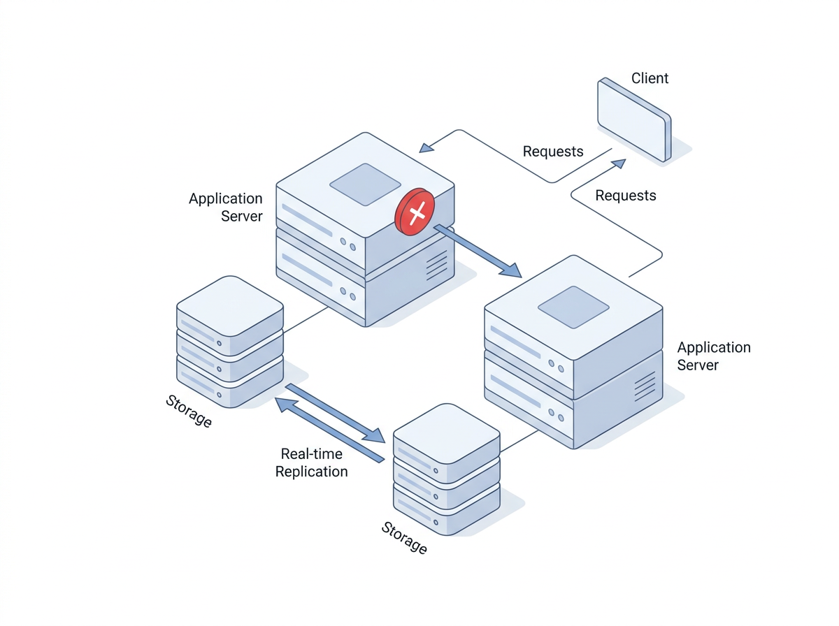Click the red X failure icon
pyautogui.click(x=415, y=211)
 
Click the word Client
pyautogui.click(x=650, y=78)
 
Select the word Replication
pyautogui.click(x=311, y=472)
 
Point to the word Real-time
pyautogui.click(x=311, y=454)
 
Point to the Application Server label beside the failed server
pyautogui.click(x=225, y=208)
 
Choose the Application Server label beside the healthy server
pyautogui.click(x=713, y=356)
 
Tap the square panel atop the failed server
pyautogui.click(x=365, y=184)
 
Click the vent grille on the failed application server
pyautogui.click(x=436, y=265)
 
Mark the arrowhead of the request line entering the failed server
pyautogui.click(x=425, y=147)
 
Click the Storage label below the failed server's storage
pyautogui.click(x=189, y=411)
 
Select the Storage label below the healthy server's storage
pyautogui.click(x=404, y=537)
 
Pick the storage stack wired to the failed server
pyautogui.click(x=229, y=342)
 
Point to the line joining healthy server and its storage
pyautogui.click(x=519, y=440)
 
